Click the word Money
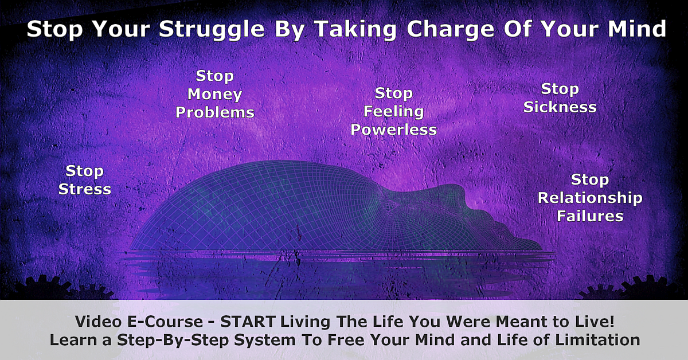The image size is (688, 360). tap(214, 95)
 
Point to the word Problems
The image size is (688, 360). tap(215, 112)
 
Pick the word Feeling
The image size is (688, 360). tap(393, 112)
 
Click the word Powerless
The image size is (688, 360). tap(393, 130)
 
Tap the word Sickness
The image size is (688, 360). tap(560, 107)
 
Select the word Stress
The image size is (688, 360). tap(85, 189)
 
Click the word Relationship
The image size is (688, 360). tap(590, 198)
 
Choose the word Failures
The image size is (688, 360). tap(590, 216)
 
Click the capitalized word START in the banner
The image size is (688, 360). tap(248, 322)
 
